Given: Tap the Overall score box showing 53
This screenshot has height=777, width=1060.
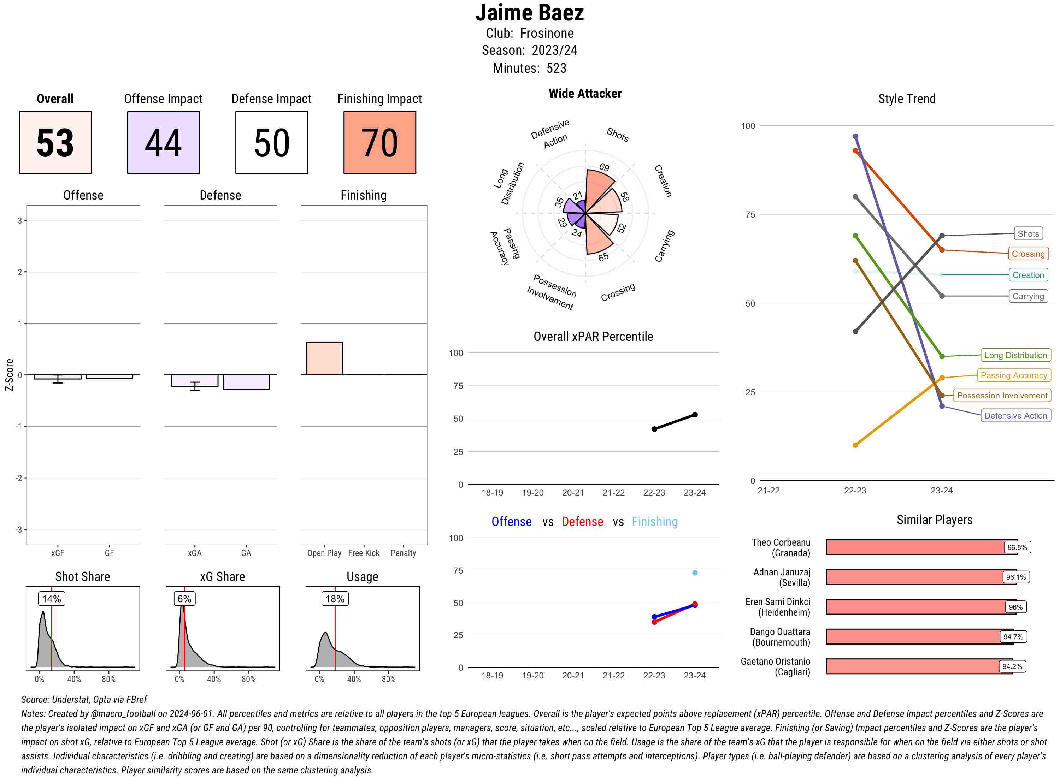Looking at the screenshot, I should pyautogui.click(x=55, y=143).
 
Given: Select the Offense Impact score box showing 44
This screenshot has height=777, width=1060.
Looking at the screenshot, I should pyautogui.click(x=163, y=143).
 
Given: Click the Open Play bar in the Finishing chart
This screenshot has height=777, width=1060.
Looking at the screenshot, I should pyautogui.click(x=324, y=358).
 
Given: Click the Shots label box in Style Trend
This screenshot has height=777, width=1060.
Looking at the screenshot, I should pyautogui.click(x=1027, y=234).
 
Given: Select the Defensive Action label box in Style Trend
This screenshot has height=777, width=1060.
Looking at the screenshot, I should pyautogui.click(x=1015, y=416).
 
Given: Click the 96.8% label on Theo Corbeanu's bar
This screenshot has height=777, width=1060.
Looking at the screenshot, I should pyautogui.click(x=1017, y=547).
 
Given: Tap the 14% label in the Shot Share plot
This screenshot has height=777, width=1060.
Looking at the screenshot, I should pyautogui.click(x=51, y=599).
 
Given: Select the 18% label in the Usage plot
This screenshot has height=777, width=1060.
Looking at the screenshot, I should pyautogui.click(x=335, y=599).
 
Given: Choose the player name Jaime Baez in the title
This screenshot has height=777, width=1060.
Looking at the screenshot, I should pyautogui.click(x=529, y=13).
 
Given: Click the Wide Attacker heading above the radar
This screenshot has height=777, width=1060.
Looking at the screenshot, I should pyautogui.click(x=585, y=94).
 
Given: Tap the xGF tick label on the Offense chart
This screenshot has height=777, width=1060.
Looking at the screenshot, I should pyautogui.click(x=57, y=553).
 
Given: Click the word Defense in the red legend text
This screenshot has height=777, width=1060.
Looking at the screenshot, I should pyautogui.click(x=582, y=522).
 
